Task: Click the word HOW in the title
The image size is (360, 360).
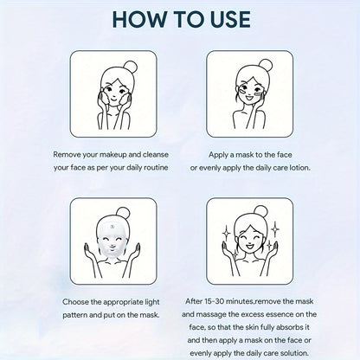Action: click(139, 19)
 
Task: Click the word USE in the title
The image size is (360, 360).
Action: click(227, 19)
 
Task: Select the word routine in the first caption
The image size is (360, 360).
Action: click(156, 167)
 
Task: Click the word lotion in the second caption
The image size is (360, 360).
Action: click(299, 167)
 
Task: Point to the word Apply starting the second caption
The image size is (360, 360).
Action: click(218, 155)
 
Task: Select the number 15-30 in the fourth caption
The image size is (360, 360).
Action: click(213, 301)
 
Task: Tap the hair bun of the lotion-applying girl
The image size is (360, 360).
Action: click(266, 66)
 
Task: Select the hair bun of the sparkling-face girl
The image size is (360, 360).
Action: click(260, 213)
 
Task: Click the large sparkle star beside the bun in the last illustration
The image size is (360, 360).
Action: click(275, 228)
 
